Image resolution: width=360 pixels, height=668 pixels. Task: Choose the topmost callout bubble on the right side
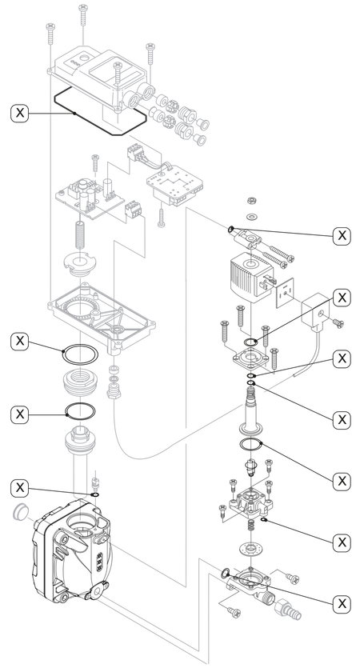click(342, 234)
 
